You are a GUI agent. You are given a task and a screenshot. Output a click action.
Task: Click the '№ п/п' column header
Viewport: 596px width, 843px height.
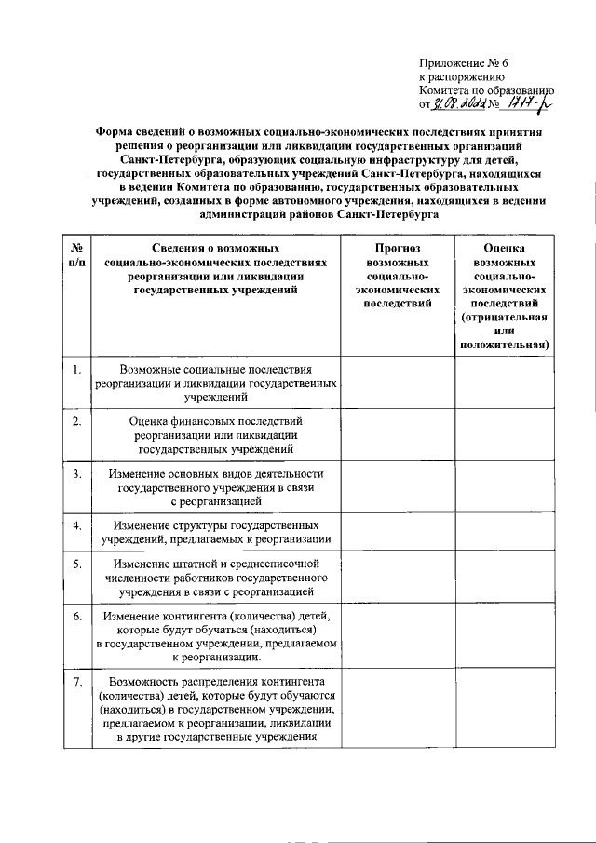[x=77, y=256]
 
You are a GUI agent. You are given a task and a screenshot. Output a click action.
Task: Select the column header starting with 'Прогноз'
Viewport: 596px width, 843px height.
[x=398, y=276]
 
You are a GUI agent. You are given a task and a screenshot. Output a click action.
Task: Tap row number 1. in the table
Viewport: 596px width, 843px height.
[x=77, y=371]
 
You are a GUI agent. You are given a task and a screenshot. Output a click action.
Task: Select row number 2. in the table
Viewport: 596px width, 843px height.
[x=77, y=423]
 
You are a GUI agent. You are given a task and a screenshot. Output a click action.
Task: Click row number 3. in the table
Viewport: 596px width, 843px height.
[x=77, y=475]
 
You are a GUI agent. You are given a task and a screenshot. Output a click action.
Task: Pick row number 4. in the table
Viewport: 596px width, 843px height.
[x=77, y=524]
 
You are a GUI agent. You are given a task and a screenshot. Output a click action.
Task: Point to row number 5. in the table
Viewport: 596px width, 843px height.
[x=77, y=564]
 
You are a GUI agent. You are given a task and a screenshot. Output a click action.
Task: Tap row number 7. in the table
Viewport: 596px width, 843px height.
[x=77, y=682]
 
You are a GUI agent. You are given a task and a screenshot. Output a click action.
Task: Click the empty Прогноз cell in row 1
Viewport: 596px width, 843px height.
[x=398, y=383]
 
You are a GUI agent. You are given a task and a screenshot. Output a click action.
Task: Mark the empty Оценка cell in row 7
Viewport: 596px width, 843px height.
[x=504, y=709]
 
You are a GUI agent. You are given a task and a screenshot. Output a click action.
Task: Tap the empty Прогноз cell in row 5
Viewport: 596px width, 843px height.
[x=398, y=578]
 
